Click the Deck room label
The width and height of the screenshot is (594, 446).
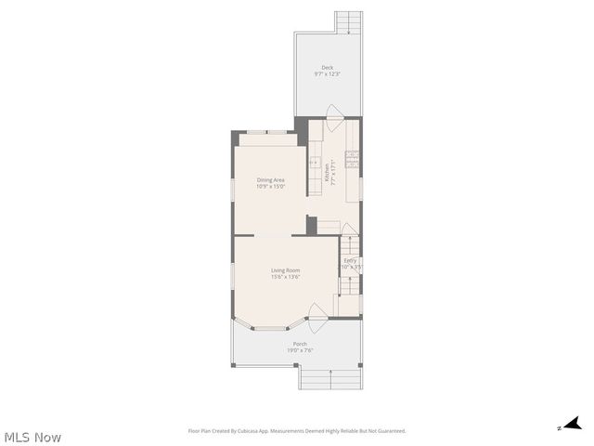[327, 67]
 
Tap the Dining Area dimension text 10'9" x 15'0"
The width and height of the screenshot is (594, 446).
[270, 187]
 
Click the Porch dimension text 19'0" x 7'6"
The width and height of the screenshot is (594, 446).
[300, 350]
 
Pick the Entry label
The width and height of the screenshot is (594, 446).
[350, 260]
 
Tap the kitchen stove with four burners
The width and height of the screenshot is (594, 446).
[353, 158]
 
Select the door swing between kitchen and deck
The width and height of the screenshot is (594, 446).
[333, 112]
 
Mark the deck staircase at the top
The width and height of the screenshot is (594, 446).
[349, 21]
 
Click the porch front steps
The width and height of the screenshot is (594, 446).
[329, 378]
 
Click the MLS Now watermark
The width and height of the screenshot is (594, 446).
[32, 437]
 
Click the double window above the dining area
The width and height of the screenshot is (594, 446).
[267, 133]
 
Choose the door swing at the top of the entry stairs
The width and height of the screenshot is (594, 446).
[349, 230]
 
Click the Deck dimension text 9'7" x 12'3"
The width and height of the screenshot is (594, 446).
[327, 73]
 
